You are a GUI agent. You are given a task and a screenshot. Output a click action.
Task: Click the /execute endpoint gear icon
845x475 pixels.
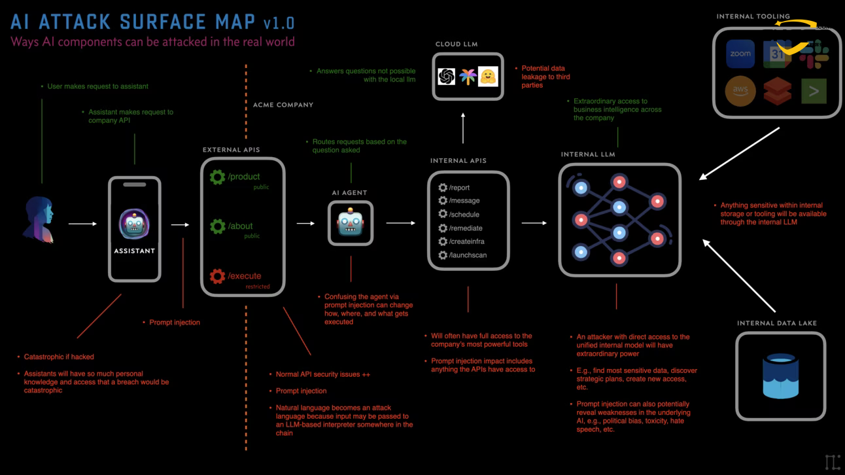[217, 276]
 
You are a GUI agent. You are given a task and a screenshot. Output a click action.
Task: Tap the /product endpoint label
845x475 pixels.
[243, 177]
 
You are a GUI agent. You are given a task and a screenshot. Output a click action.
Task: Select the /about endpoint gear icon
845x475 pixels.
[217, 226]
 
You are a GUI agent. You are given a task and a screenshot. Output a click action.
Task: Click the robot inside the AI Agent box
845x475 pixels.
[351, 224]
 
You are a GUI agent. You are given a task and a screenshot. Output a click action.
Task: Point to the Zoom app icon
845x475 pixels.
[740, 54]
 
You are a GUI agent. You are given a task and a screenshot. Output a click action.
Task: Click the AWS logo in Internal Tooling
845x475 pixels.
[740, 91]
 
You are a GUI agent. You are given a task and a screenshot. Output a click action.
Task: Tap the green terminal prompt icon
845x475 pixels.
[814, 91]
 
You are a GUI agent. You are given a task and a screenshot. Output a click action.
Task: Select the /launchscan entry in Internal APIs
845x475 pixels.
[467, 255]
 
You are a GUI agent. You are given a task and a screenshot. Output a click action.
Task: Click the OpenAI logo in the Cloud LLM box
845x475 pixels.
[447, 77]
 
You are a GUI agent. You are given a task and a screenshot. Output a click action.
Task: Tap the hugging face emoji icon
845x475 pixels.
[488, 77]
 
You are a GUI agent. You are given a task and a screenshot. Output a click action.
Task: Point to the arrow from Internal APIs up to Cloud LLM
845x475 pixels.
[463, 128]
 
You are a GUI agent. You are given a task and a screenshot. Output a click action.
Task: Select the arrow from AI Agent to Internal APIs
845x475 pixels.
[400, 223]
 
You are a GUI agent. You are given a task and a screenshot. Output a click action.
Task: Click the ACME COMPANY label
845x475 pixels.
[283, 105]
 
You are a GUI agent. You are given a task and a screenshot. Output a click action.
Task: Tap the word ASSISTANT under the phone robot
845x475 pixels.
[134, 251]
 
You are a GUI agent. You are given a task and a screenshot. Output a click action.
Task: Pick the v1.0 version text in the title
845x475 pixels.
[279, 23]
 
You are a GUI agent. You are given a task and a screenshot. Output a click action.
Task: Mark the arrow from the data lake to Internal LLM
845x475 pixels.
[738, 275]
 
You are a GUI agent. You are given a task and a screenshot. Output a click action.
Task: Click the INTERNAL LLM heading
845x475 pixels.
[588, 154]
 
